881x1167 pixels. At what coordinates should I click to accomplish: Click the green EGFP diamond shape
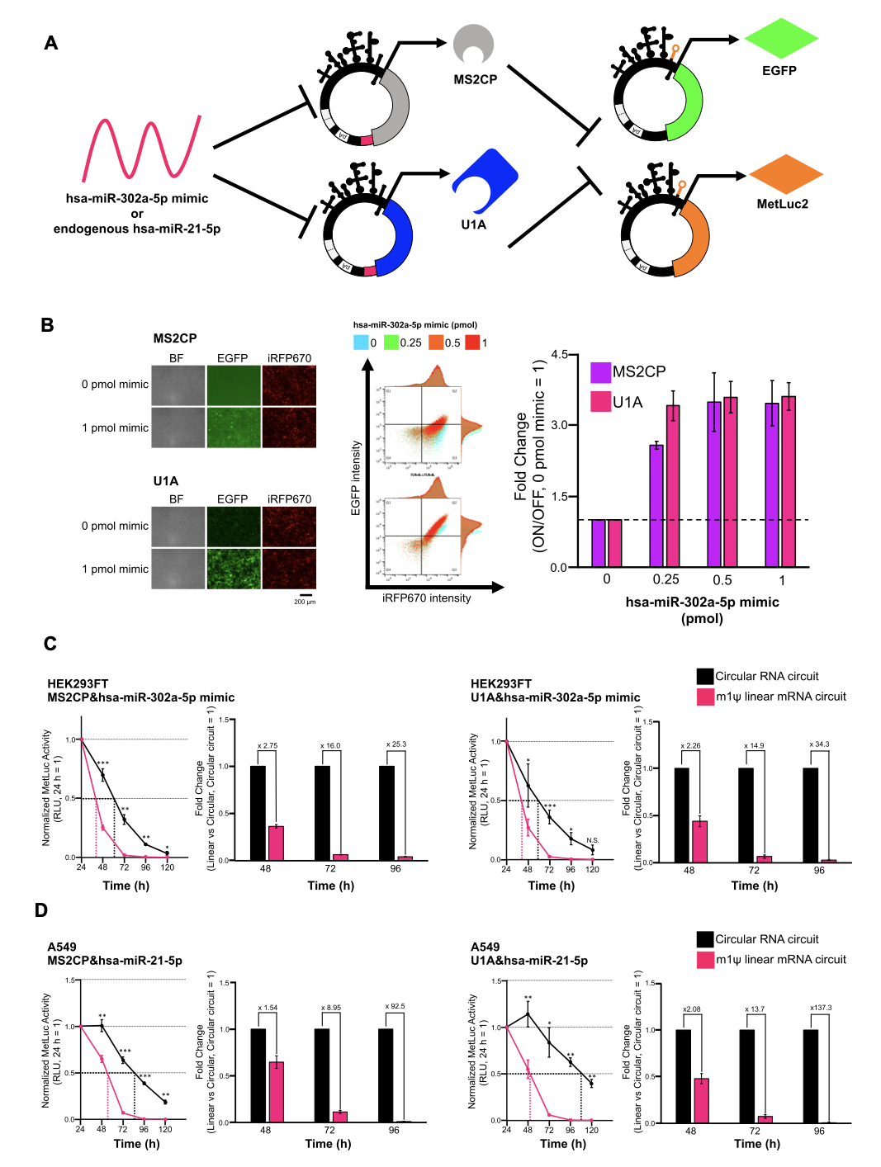(780, 39)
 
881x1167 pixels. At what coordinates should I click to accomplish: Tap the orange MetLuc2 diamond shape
(786, 174)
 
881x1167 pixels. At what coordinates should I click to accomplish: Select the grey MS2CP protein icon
(473, 45)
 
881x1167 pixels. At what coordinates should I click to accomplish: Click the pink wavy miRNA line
(141, 149)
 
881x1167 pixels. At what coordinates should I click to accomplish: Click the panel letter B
(47, 325)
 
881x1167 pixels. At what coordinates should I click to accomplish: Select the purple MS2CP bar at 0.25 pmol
(656, 505)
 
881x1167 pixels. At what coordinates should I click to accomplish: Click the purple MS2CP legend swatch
(600, 372)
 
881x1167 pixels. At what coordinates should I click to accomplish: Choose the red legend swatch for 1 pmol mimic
(472, 343)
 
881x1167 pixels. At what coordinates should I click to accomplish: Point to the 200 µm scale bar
(306, 594)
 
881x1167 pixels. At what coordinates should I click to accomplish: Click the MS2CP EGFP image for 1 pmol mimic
(233, 428)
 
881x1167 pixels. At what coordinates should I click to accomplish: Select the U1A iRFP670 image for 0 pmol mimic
(289, 526)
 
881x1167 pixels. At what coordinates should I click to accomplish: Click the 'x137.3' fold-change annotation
(821, 1008)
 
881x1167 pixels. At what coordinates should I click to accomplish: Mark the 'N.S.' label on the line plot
(592, 840)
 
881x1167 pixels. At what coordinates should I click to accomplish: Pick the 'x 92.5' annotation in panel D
(395, 1006)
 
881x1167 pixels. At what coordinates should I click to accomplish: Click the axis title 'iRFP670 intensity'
(426, 598)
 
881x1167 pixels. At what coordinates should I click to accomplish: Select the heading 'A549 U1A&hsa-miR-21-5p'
(529, 954)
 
